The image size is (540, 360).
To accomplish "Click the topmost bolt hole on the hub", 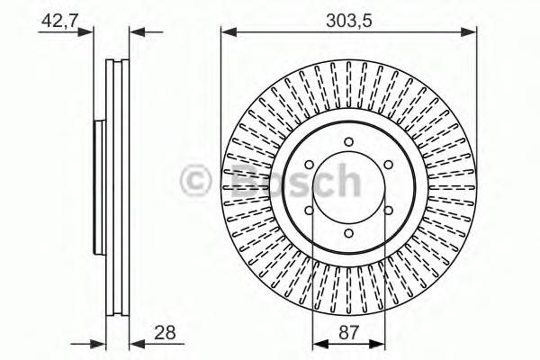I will click(x=349, y=143).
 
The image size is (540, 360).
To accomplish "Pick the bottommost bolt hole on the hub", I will click(x=349, y=233).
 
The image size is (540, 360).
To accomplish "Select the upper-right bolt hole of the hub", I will click(x=389, y=165).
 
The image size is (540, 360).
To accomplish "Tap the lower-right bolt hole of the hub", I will click(x=389, y=211).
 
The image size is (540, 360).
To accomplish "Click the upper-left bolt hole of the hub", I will click(x=310, y=166).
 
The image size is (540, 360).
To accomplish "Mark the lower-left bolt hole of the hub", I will click(x=310, y=211).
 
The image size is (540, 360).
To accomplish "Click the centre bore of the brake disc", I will click(x=349, y=188).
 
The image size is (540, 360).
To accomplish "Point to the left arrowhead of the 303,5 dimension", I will click(x=228, y=33).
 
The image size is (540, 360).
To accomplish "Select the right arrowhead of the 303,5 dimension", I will click(x=470, y=33).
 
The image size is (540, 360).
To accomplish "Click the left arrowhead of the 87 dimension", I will click(x=318, y=343).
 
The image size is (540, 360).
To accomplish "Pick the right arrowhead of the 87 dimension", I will click(x=381, y=343).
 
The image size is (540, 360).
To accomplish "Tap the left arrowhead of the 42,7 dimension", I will click(x=88, y=33).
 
